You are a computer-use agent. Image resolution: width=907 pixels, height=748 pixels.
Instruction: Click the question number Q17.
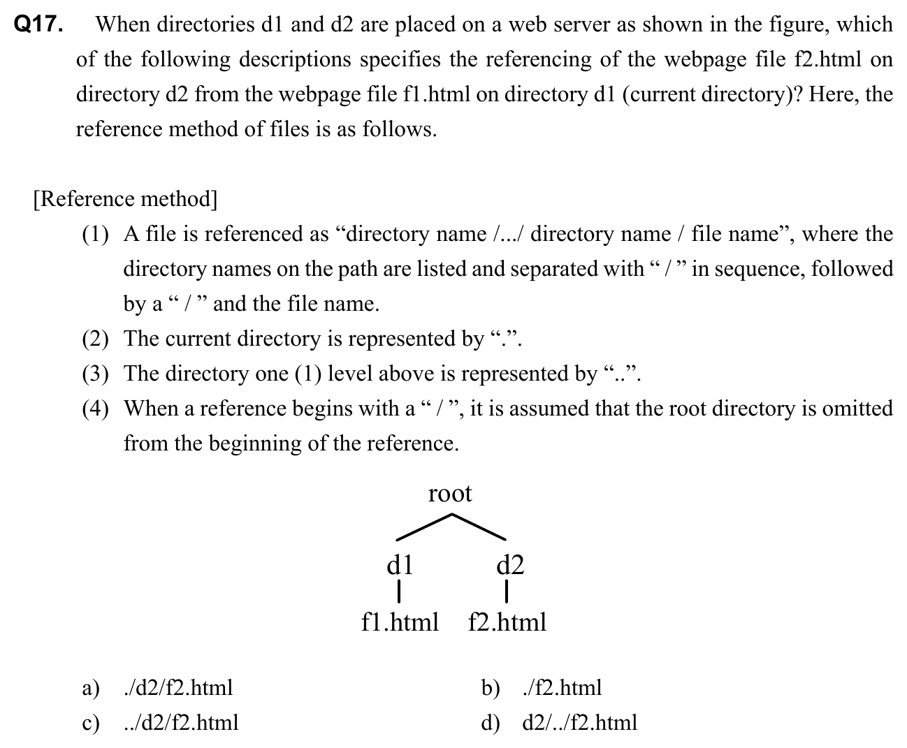coord(39,25)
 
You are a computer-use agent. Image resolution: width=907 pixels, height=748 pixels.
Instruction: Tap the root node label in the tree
coord(450,494)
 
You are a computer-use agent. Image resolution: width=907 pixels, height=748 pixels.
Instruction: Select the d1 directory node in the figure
coord(400,564)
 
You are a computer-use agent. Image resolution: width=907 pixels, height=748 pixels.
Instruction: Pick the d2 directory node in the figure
coord(510,564)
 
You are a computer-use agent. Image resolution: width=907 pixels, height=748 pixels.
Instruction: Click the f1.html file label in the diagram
coord(400,622)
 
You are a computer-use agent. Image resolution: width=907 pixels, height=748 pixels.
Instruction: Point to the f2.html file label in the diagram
coord(507,622)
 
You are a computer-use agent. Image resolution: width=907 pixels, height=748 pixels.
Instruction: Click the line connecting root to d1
coord(424,527)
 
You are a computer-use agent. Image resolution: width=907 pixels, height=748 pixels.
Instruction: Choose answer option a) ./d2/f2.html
coord(177,688)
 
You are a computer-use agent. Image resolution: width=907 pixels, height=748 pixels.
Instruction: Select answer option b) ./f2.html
coord(561,688)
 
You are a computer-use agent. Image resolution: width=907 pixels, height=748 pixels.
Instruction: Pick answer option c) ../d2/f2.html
coord(180,722)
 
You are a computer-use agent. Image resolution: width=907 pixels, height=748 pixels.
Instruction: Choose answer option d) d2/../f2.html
coord(579,722)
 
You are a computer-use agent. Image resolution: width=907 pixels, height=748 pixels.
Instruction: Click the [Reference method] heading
coord(125,200)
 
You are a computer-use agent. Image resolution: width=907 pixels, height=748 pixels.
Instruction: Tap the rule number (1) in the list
coord(96,234)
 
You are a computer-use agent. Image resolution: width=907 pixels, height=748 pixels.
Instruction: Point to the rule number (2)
coord(96,339)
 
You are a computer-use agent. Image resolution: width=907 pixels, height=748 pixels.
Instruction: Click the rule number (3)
coord(96,374)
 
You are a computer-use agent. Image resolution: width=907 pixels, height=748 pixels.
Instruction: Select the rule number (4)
coord(96,409)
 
